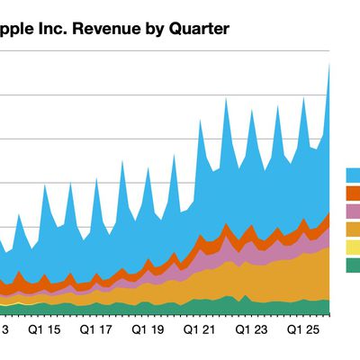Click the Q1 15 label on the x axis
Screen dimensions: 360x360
click(46, 331)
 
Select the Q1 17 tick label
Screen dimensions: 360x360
click(96, 331)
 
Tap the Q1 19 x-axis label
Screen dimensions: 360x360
click(148, 331)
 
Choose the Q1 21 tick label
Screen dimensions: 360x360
click(200, 331)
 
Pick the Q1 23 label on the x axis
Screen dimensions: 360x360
click(251, 331)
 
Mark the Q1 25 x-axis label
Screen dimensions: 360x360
click(302, 331)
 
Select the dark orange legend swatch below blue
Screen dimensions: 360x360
click(353, 193)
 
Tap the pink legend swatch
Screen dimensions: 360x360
click(353, 211)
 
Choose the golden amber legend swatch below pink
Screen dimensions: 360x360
click(353, 229)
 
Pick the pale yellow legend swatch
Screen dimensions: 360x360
click(353, 247)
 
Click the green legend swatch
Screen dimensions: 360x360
click(353, 265)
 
